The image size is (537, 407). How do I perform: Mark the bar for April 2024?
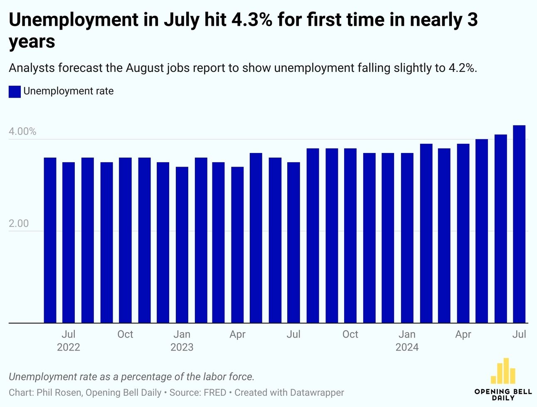463,233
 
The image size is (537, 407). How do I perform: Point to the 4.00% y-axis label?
22,132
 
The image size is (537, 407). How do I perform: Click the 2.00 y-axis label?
19,224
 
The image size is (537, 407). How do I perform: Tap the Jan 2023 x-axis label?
182,340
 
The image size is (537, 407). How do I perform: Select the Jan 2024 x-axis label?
407,340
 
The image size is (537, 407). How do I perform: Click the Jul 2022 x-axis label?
69,340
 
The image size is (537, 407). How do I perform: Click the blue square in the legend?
15,91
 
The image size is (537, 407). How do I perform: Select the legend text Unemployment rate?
69,91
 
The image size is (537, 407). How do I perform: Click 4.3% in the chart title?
252,20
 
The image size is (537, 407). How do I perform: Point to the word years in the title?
32,42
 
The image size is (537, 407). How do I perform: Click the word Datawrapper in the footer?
317,392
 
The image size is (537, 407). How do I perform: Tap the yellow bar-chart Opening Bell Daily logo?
503,371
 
